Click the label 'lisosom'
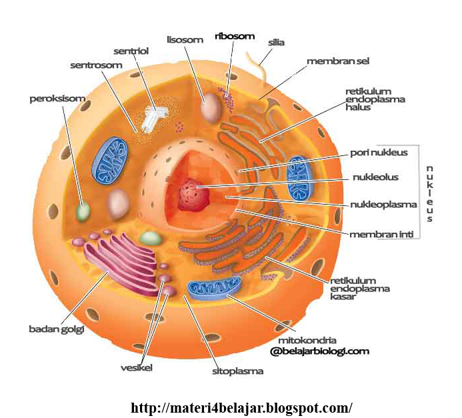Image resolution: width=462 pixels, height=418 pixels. point(185,40)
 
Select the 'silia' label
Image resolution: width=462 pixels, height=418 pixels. point(276,42)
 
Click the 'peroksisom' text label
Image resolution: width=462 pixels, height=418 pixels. point(57,99)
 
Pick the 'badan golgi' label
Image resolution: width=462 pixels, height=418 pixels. point(56,329)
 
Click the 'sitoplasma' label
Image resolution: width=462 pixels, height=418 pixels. point(237,371)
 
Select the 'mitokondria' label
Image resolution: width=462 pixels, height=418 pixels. point(303,339)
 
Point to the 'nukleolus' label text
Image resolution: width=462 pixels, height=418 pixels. point(375,178)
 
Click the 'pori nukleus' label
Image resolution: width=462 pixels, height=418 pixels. point(379,153)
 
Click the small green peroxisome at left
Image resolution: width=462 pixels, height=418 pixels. point(83,212)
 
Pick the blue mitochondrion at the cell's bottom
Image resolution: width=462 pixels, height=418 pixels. point(213,288)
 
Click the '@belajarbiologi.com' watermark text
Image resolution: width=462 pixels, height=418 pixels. point(319,351)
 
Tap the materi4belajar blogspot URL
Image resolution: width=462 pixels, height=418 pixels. point(241,407)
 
